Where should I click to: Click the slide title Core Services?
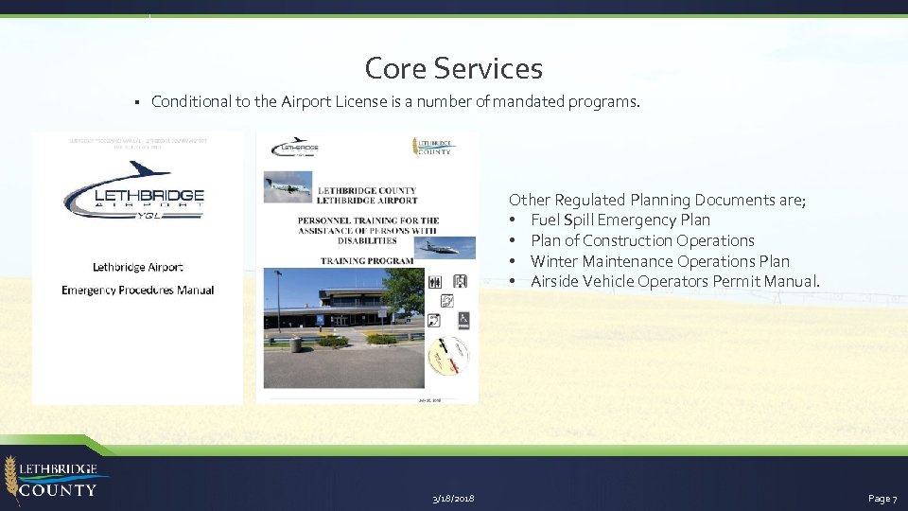click(x=453, y=68)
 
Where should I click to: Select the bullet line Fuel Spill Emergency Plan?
click(x=620, y=220)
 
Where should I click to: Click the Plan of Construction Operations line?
click(x=642, y=240)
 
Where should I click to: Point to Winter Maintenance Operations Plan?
click(x=659, y=261)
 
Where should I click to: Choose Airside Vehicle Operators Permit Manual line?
click(x=674, y=281)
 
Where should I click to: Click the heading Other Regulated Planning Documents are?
click(x=656, y=200)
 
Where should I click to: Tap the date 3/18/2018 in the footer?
click(x=453, y=498)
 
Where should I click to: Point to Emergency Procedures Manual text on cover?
click(x=138, y=291)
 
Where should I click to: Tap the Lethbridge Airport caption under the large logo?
click(x=138, y=268)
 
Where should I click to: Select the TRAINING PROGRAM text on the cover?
click(x=367, y=260)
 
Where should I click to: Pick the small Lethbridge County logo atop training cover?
click(x=433, y=147)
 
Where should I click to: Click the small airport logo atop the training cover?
click(x=295, y=148)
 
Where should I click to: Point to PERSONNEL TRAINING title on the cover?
click(x=367, y=220)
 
